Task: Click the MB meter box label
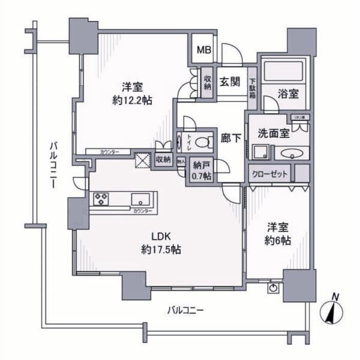click(205, 49)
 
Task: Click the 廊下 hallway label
click(231, 138)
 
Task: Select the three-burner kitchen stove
click(101, 198)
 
